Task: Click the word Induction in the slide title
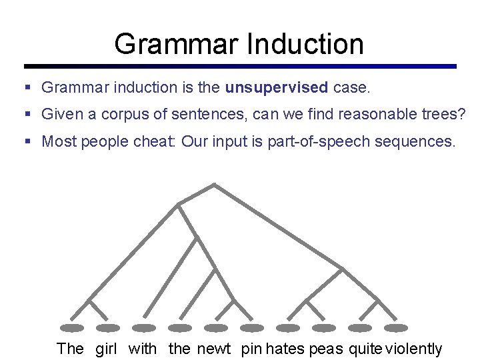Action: pyautogui.click(x=305, y=44)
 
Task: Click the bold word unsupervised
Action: pyautogui.click(x=277, y=87)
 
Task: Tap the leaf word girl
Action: pyautogui.click(x=107, y=348)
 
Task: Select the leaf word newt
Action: pyautogui.click(x=214, y=348)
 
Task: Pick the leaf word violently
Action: pyautogui.click(x=414, y=348)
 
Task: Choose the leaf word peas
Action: pyautogui.click(x=326, y=348)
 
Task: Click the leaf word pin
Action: pyautogui.click(x=252, y=348)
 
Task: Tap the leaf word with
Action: pyautogui.click(x=143, y=348)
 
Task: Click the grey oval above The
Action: pyautogui.click(x=72, y=328)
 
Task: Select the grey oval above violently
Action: pyautogui.click(x=396, y=328)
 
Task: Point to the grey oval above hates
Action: pyautogui.click(x=288, y=328)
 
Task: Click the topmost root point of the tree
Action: pyautogui.click(x=214, y=184)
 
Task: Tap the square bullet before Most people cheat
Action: pyautogui.click(x=27, y=141)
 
